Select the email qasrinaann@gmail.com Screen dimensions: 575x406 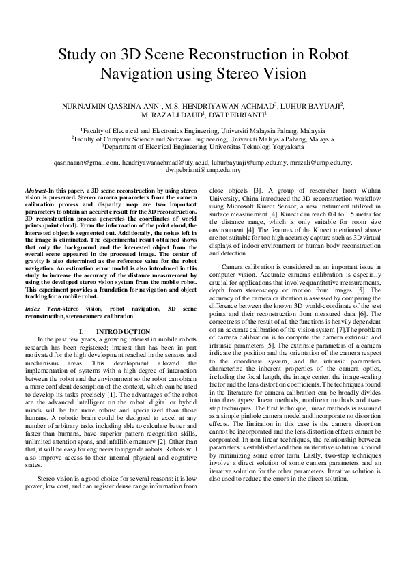[85, 163]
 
